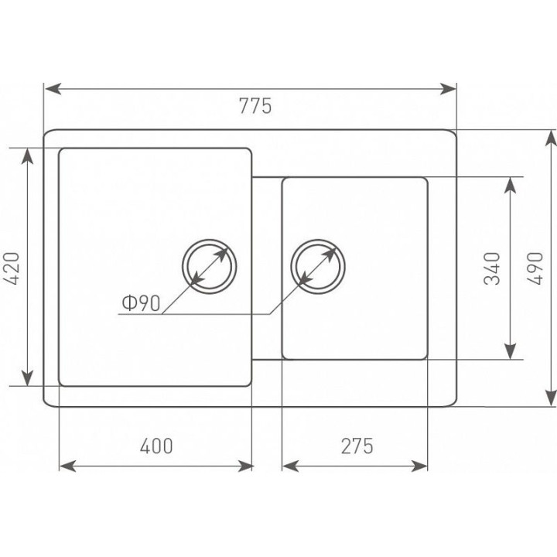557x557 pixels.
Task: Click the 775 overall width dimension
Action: (255, 105)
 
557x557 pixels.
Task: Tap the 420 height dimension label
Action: (12, 268)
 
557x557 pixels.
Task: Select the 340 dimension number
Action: (492, 268)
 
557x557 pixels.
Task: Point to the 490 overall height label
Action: (535, 268)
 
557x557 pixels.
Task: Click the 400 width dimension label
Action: (156, 446)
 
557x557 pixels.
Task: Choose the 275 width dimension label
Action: (357, 446)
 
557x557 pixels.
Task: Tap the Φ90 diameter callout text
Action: (141, 303)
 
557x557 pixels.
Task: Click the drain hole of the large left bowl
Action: (209, 266)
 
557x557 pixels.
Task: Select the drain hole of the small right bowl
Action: (318, 266)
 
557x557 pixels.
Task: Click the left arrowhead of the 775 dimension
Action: (53, 89)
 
